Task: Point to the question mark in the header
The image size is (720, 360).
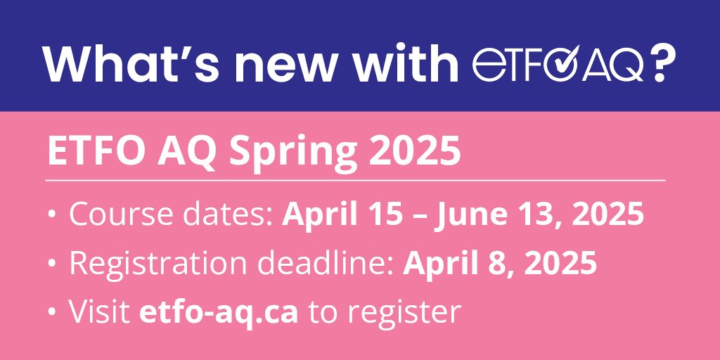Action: pyautogui.click(x=661, y=65)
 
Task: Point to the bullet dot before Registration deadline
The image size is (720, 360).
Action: pyautogui.click(x=53, y=264)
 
